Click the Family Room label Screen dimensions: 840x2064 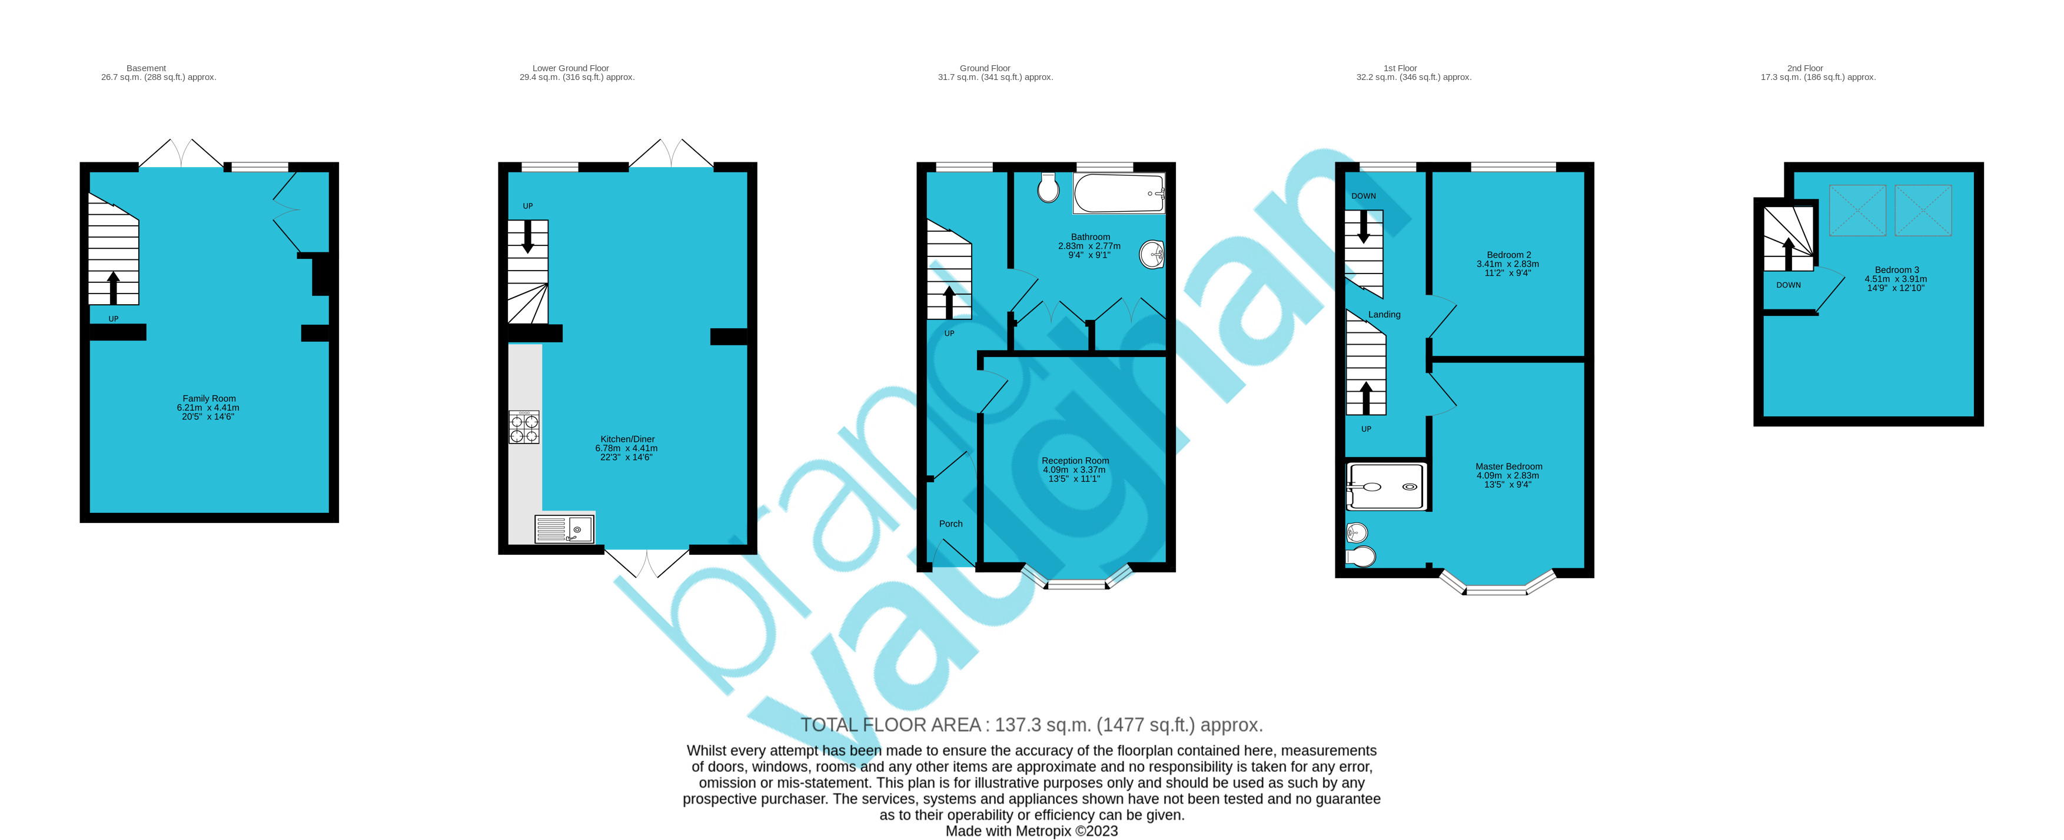click(208, 399)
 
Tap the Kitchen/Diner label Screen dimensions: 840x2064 click(627, 439)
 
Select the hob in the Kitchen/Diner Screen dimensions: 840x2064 click(524, 427)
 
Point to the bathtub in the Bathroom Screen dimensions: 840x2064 click(1119, 194)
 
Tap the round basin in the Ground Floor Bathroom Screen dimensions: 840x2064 click(1151, 255)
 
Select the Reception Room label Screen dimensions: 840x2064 click(1075, 461)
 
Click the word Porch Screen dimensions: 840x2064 click(950, 524)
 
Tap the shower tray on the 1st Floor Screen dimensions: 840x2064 click(1386, 486)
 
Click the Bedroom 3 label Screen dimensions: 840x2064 click(1896, 271)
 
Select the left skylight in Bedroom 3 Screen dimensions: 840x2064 click(1857, 211)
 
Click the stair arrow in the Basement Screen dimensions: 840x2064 click(113, 286)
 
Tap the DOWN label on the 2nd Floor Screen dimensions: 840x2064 click(1789, 285)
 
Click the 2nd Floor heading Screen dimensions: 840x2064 click(1804, 68)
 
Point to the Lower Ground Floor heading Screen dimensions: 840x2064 click(570, 68)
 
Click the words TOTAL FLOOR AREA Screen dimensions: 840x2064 click(890, 725)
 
